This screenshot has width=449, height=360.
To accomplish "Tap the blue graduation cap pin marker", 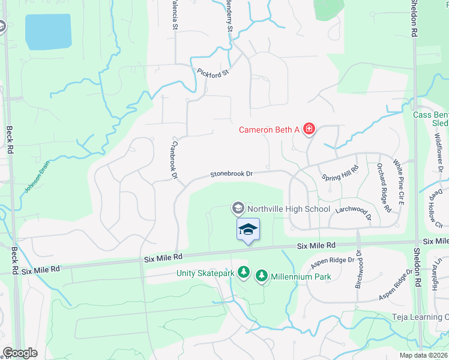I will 248,230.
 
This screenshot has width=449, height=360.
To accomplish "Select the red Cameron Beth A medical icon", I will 309,129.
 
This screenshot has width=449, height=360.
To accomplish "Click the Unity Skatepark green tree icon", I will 244,273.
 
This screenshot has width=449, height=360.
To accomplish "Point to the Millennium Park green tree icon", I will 262,276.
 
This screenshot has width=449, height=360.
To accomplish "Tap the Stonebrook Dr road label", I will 231,174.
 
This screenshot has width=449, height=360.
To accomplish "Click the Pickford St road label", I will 214,73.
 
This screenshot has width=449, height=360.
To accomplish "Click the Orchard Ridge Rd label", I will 384,188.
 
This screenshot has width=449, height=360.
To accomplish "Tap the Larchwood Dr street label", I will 354,209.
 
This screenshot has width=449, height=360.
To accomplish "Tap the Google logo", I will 20,353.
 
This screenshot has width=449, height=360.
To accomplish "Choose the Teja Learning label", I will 420,317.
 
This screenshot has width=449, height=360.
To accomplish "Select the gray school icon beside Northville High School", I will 238,208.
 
